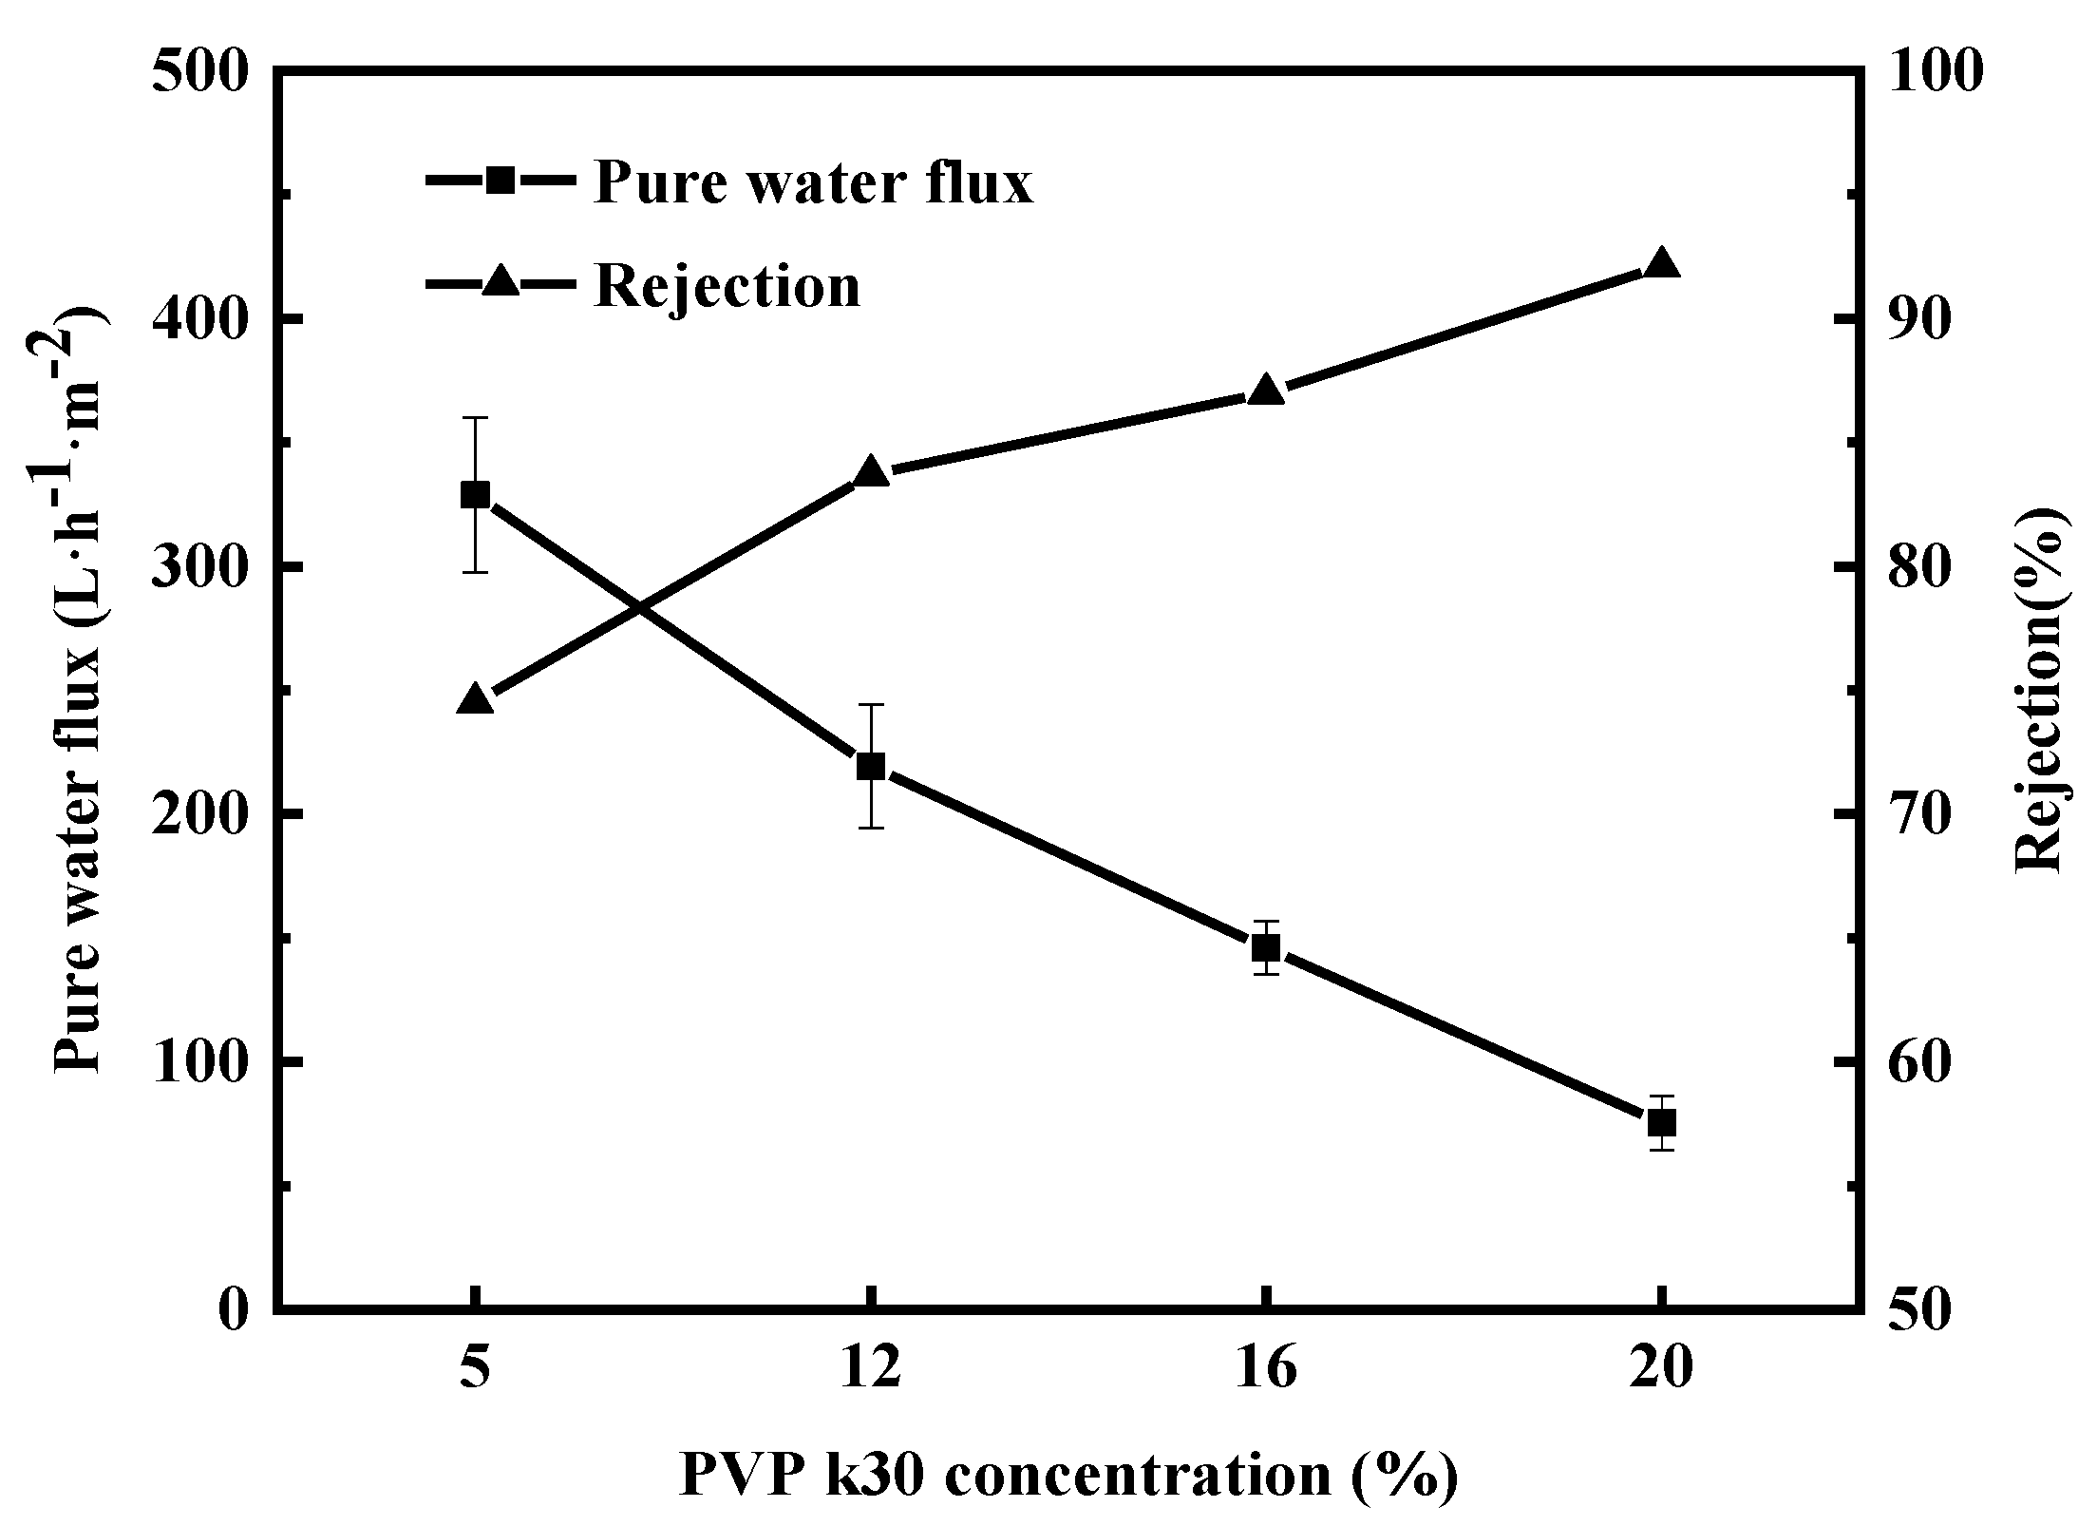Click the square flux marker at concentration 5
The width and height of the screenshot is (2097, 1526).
tap(475, 495)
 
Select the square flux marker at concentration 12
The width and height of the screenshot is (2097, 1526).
tap(871, 767)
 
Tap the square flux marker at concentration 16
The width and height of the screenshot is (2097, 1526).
tap(1266, 947)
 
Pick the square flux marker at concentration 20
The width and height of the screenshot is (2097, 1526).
tap(1661, 1123)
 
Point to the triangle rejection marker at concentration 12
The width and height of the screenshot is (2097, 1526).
tap(871, 473)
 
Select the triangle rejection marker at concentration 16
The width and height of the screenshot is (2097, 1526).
tap(1266, 391)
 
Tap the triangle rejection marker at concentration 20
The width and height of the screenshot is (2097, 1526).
tap(1661, 264)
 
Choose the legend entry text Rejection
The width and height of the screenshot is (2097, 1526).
tap(727, 284)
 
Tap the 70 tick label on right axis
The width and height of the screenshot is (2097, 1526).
tap(1904, 815)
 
